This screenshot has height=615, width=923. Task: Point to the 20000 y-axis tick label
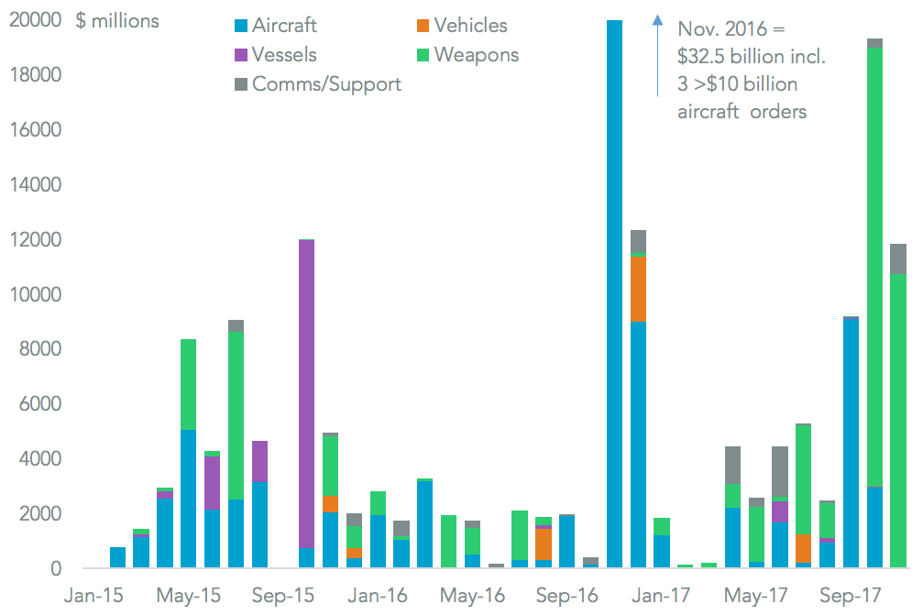click(x=35, y=20)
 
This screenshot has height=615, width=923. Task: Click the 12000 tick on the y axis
click(x=35, y=240)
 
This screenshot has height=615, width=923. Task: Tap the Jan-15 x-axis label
click(x=93, y=596)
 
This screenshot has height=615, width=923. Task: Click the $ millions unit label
click(x=117, y=20)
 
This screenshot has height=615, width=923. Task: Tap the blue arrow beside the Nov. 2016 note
click(x=657, y=55)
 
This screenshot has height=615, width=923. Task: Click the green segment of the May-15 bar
click(x=188, y=385)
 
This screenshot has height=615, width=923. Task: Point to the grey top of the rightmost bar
click(x=898, y=258)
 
